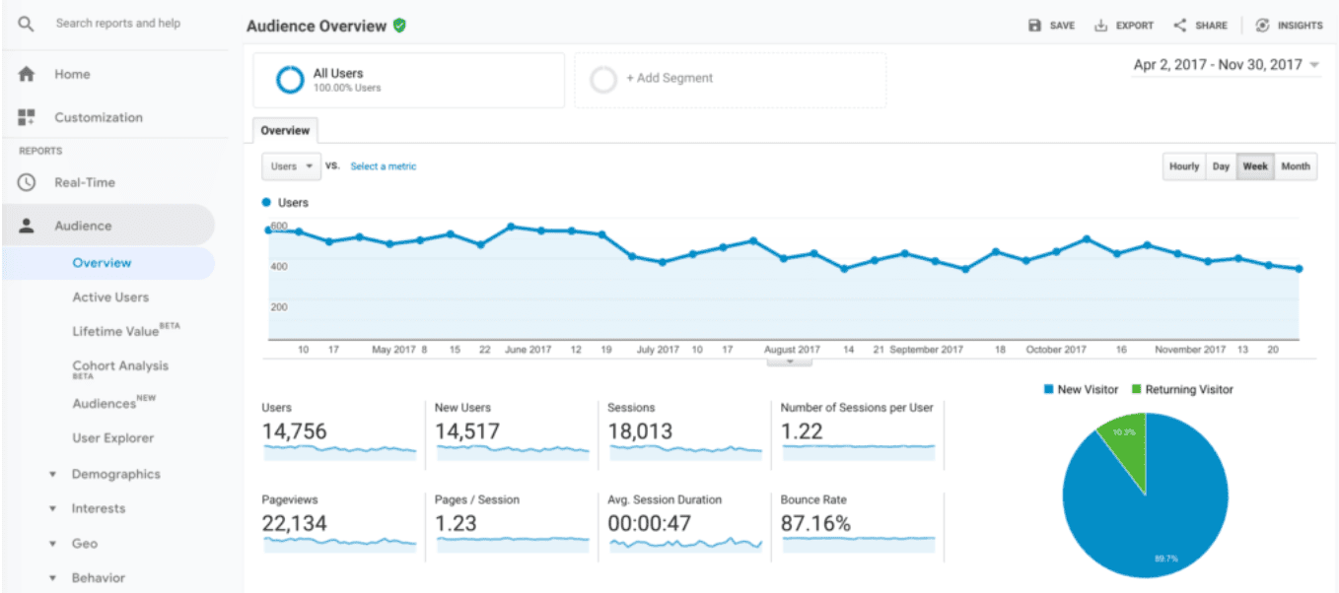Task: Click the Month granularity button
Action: click(1296, 166)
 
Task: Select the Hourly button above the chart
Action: click(1184, 166)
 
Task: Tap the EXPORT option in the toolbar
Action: click(1124, 26)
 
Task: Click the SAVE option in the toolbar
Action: click(1052, 26)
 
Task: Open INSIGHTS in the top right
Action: click(1290, 26)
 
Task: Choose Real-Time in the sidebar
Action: click(84, 182)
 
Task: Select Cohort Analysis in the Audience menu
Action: click(120, 366)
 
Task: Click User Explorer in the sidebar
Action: click(112, 438)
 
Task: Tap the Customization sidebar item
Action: click(98, 117)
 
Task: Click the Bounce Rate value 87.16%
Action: click(815, 524)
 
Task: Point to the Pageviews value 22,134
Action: click(294, 524)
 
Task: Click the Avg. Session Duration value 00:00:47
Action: click(651, 524)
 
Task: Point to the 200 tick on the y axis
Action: click(278, 307)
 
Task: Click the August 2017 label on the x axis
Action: click(792, 350)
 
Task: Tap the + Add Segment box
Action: click(730, 79)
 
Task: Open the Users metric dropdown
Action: click(291, 166)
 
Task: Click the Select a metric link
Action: click(384, 166)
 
